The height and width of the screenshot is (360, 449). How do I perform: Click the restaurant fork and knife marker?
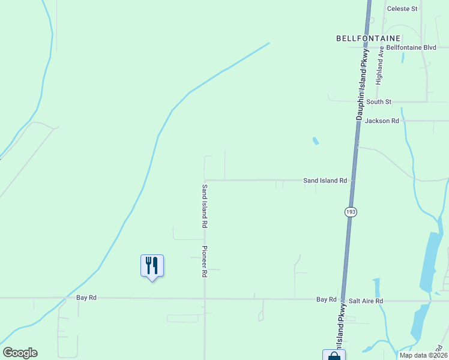pyautogui.click(x=152, y=265)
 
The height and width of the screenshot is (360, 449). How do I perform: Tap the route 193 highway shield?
pyautogui.click(x=350, y=212)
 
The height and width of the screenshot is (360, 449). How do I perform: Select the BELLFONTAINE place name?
pyautogui.click(x=368, y=38)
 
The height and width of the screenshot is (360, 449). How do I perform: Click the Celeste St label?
pyautogui.click(x=402, y=8)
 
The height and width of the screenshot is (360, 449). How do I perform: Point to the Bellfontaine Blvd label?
pyautogui.click(x=411, y=47)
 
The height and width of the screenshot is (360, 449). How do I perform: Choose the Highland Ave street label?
pyautogui.click(x=380, y=67)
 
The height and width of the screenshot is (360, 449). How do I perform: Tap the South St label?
pyautogui.click(x=379, y=102)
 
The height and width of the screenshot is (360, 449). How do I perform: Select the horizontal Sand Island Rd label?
pyautogui.click(x=325, y=180)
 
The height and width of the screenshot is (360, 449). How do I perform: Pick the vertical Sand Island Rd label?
pyautogui.click(x=205, y=206)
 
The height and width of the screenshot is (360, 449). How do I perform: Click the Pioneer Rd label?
pyautogui.click(x=205, y=261)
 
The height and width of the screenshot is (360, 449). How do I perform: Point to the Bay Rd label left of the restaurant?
pyautogui.click(x=86, y=298)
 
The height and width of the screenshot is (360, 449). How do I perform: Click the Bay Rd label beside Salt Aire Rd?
pyautogui.click(x=327, y=299)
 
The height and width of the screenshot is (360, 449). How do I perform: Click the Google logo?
pyautogui.click(x=20, y=353)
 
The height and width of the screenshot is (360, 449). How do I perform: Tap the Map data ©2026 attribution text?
pyautogui.click(x=423, y=355)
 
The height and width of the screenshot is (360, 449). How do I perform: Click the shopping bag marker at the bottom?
pyautogui.click(x=334, y=355)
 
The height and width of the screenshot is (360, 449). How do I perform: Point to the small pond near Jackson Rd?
pyautogui.click(x=315, y=141)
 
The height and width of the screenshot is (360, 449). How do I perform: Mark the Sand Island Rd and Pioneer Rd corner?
pyautogui.click(x=205, y=180)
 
